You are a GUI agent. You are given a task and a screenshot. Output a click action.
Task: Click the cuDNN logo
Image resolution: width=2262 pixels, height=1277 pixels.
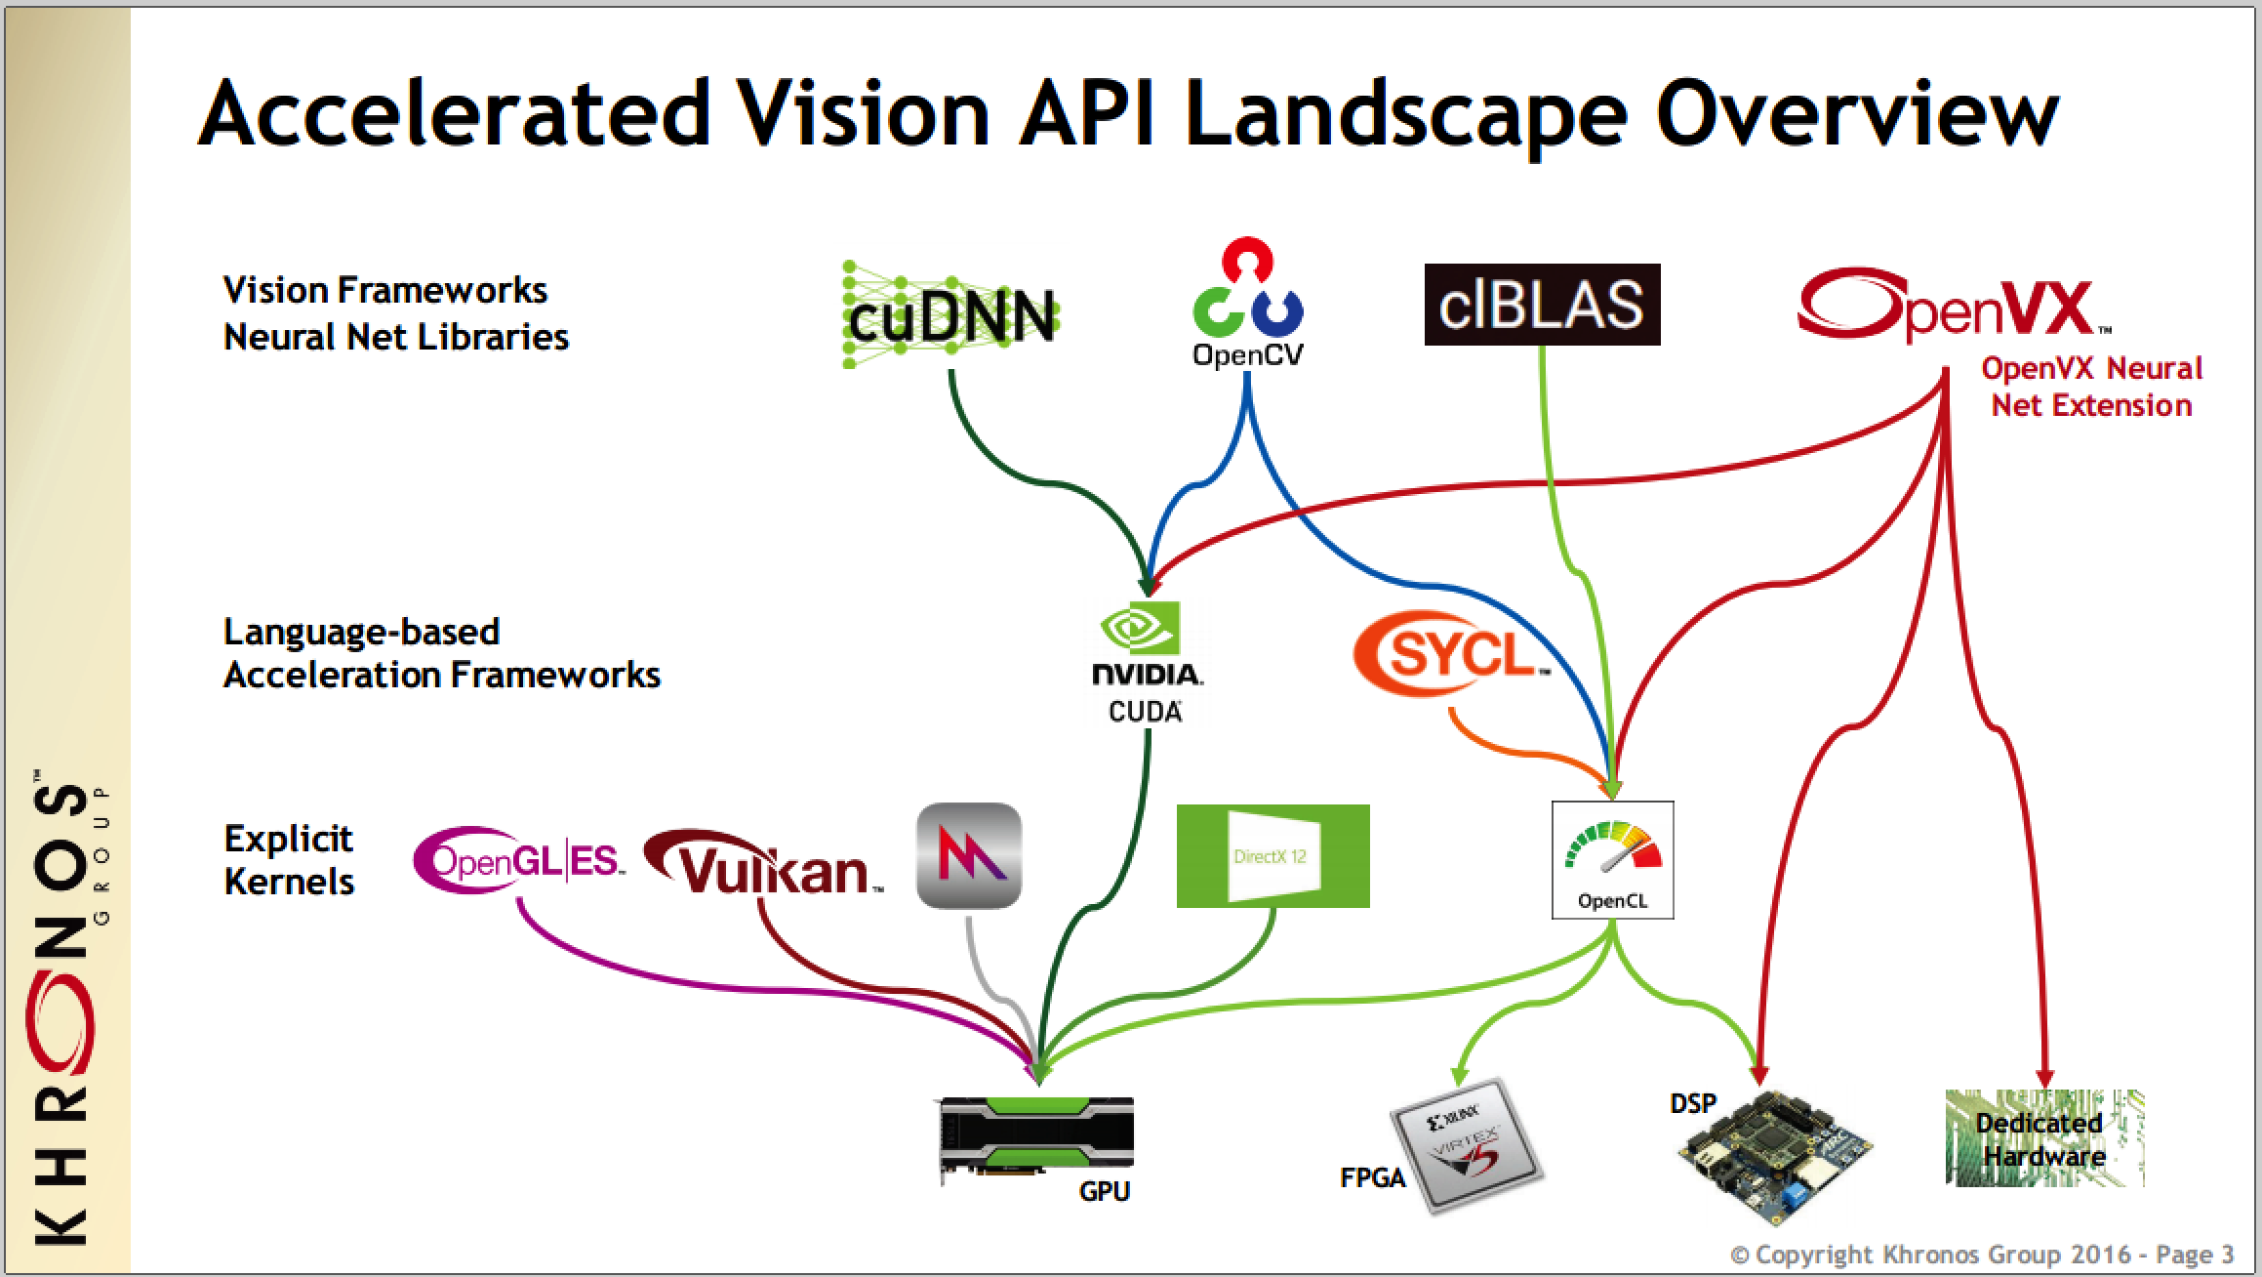[x=950, y=315]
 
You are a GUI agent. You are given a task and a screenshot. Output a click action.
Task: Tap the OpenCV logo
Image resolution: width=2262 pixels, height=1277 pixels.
[x=1247, y=304]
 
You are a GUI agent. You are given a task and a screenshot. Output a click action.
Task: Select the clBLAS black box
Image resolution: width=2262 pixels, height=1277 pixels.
[x=1542, y=304]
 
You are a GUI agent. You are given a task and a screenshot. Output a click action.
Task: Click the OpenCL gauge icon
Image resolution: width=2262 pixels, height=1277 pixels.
[x=1612, y=859]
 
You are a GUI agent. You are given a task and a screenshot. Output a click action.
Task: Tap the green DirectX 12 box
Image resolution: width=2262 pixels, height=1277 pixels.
[x=1272, y=856]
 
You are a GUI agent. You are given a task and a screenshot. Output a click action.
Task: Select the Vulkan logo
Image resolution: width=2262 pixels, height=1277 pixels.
[x=765, y=864]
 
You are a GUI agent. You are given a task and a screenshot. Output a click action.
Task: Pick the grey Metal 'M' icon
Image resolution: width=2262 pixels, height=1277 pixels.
[x=969, y=856]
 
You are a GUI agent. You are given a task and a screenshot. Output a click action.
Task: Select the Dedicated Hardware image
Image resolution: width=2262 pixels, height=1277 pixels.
[x=2044, y=1138]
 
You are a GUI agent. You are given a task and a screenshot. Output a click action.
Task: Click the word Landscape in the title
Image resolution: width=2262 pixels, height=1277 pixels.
[x=1405, y=114]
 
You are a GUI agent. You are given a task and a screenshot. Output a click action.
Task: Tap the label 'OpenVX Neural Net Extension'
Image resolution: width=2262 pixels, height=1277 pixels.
[x=2091, y=387]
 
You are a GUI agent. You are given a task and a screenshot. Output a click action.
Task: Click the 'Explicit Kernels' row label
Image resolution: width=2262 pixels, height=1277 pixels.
[x=289, y=859]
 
